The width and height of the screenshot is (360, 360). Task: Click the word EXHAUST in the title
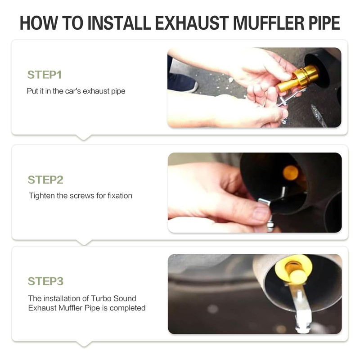[192, 23]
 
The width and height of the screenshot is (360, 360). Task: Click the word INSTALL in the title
[119, 23]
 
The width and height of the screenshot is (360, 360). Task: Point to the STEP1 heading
[45, 75]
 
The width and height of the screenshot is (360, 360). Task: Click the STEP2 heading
[45, 180]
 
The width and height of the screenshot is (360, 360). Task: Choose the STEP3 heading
[45, 281]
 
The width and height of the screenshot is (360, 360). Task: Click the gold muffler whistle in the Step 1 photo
[298, 78]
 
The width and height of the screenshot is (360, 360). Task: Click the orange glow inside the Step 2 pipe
[290, 173]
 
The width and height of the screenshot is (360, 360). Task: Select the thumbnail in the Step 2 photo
[261, 213]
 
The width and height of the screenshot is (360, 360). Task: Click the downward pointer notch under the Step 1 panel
[84, 137]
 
